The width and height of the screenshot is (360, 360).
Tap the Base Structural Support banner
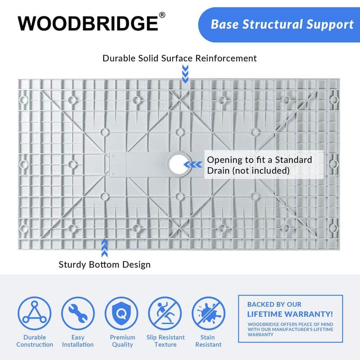[282, 24]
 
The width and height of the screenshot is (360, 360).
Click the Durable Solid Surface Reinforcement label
[180, 58]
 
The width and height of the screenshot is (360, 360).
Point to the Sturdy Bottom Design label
[104, 265]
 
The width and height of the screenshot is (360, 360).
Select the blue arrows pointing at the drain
[193, 165]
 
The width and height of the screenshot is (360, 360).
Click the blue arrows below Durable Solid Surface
[185, 74]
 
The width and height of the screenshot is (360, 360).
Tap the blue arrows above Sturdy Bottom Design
[104, 248]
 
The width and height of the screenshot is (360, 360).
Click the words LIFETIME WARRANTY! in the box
[290, 314]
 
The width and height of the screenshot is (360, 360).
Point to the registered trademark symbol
[162, 15]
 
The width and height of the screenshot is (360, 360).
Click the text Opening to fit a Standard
[259, 159]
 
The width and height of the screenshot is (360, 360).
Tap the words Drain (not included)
[248, 171]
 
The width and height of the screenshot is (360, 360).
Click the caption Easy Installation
[78, 341]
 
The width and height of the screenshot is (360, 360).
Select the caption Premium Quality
[122, 341]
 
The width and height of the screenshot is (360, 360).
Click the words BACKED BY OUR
[274, 305]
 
